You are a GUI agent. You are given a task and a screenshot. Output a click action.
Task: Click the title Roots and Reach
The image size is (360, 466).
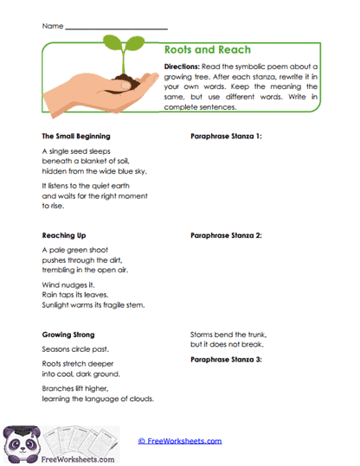click(x=208, y=50)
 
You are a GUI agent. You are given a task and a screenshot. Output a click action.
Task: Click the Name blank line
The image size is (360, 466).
click(x=117, y=29)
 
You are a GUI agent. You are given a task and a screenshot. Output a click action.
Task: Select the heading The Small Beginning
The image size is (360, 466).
click(x=75, y=137)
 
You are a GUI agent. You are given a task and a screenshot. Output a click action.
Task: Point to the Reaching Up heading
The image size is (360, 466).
click(x=65, y=234)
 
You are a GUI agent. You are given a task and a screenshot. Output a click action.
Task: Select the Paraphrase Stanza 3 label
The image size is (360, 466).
click(x=226, y=358)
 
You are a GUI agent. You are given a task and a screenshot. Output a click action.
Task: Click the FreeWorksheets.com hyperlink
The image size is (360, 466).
click(x=180, y=441)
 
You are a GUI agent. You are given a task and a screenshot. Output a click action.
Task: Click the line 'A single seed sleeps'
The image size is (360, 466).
click(x=76, y=150)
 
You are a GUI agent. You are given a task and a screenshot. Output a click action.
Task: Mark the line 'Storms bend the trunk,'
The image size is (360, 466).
click(x=228, y=334)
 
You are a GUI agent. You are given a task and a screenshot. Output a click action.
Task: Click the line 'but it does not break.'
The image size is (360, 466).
click(x=228, y=344)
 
